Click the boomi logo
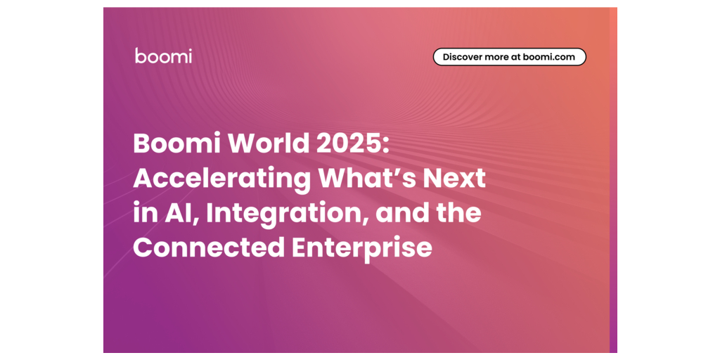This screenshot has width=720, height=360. [163, 56]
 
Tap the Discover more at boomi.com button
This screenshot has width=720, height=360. [510, 57]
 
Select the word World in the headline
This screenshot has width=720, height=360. [269, 144]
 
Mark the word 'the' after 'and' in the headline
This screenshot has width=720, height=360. [458, 214]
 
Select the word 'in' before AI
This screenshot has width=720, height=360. [142, 214]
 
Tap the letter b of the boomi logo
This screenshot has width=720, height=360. [140, 55]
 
